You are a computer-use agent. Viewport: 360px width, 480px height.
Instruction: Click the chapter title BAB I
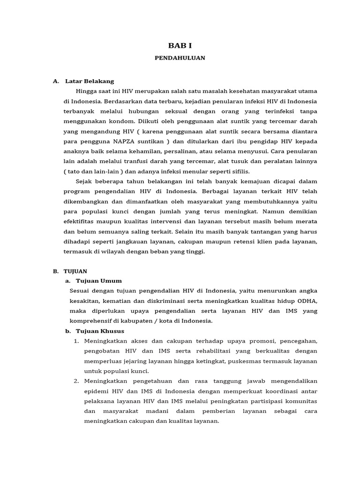(180, 45)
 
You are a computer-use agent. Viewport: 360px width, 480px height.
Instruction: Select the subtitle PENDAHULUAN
(180, 58)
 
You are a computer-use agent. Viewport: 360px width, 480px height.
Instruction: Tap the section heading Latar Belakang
(90, 81)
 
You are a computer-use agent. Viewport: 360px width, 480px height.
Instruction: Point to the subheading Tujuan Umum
(98, 281)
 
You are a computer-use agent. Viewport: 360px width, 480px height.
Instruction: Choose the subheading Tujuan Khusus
(100, 331)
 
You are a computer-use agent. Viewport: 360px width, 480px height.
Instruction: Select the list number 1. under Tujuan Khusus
(77, 341)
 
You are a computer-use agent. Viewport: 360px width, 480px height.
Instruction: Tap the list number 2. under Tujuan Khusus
(77, 381)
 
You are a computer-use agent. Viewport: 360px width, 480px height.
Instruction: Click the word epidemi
(97, 391)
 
